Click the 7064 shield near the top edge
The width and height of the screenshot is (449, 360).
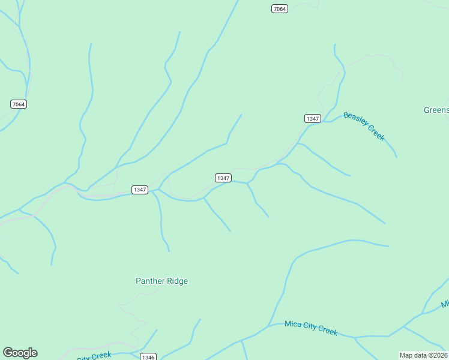click(279, 8)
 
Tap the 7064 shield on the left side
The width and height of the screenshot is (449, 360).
click(19, 104)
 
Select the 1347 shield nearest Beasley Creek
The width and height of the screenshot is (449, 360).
click(312, 118)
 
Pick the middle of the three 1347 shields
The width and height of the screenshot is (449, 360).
click(223, 178)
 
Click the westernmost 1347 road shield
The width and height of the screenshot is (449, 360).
click(139, 190)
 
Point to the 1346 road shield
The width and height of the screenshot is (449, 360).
click(148, 357)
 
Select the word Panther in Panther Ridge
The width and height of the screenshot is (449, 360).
click(149, 281)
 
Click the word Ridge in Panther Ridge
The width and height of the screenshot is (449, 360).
click(177, 281)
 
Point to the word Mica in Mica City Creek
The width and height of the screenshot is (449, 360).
click(294, 325)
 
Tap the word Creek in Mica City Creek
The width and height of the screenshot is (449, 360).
click(329, 331)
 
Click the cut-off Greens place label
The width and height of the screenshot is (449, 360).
click(436, 110)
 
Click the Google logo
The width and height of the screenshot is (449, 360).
click(20, 353)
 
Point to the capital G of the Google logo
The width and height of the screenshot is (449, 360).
click(8, 353)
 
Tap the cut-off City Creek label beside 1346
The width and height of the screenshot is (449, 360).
click(94, 356)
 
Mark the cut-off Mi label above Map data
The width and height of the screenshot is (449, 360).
click(445, 304)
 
